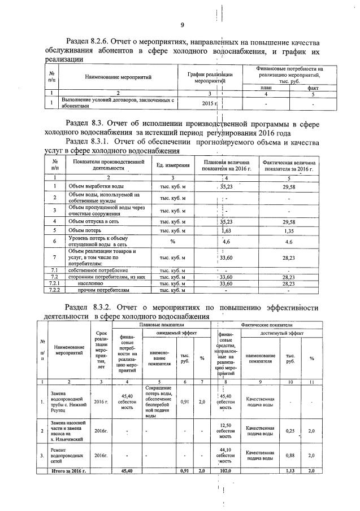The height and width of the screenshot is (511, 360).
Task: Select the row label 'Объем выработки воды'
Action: [91, 186]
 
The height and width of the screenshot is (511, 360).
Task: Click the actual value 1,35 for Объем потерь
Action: [289, 230]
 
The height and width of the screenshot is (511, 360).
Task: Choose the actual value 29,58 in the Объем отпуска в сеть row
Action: [289, 221]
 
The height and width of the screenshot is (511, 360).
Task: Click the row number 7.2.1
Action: [55, 283]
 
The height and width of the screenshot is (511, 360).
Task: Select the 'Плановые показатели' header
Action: [162, 325]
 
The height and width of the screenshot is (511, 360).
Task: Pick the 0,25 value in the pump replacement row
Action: [290, 431]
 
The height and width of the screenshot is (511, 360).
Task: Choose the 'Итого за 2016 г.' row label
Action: [68, 470]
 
